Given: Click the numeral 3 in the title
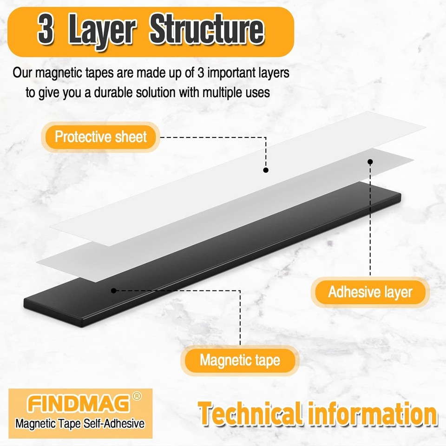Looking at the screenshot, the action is (46, 31).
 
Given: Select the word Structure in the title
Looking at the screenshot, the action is (206, 31).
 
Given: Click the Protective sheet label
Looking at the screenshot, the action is (101, 137).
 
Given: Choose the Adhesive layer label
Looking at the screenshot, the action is (370, 292).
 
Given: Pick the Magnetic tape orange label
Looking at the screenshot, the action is (240, 360).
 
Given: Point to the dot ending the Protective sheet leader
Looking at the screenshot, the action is (266, 170).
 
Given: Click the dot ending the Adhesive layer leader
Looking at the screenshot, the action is (370, 162).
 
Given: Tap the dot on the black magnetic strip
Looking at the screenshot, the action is (113, 290).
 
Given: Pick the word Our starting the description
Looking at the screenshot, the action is (22, 73).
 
